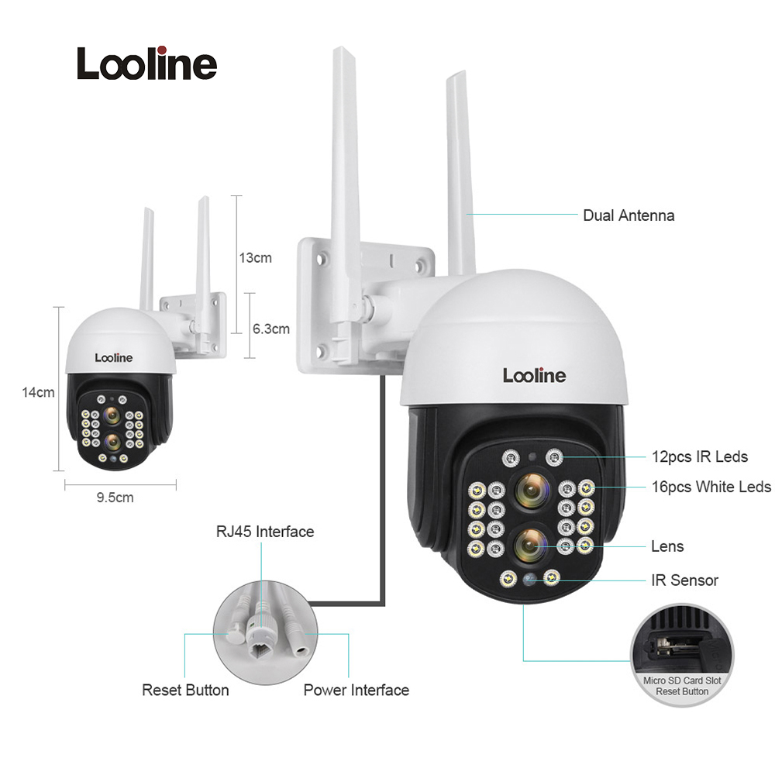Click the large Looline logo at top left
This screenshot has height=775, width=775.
click(x=146, y=64)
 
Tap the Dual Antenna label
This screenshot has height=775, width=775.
click(x=629, y=215)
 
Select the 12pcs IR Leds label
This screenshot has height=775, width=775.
click(x=699, y=456)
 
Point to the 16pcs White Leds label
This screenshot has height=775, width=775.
click(x=711, y=487)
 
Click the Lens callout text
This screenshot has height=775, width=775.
click(x=667, y=546)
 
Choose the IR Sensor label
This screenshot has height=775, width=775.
click(x=684, y=580)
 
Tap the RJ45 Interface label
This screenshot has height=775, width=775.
click(x=265, y=532)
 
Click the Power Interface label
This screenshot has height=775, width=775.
click(x=356, y=690)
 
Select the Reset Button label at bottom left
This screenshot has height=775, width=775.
click(x=185, y=690)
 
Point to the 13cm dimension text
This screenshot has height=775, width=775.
click(x=256, y=258)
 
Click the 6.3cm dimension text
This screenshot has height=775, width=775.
click(x=270, y=329)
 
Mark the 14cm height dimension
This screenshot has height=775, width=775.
click(x=38, y=392)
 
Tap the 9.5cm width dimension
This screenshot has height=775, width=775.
click(x=115, y=498)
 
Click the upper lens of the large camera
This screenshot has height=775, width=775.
click(x=532, y=491)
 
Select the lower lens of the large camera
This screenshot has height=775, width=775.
click(x=530, y=545)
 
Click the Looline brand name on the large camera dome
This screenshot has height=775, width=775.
click(x=534, y=376)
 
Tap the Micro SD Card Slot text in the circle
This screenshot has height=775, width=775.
click(x=682, y=680)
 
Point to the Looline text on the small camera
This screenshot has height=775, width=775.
click(x=114, y=358)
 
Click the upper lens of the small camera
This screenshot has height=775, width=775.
click(x=112, y=415)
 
